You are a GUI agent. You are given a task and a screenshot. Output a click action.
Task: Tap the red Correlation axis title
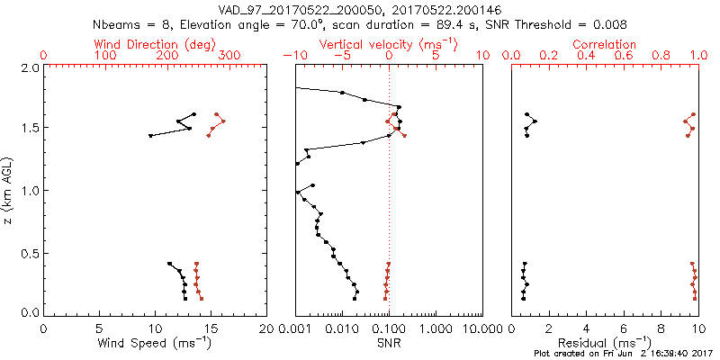605,44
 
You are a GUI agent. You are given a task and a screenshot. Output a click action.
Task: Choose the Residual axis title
605,343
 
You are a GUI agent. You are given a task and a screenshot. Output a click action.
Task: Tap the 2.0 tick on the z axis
29,67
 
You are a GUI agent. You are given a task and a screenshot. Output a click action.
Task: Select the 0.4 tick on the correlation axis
586,56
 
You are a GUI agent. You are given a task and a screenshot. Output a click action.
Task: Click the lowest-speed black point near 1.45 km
150,135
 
